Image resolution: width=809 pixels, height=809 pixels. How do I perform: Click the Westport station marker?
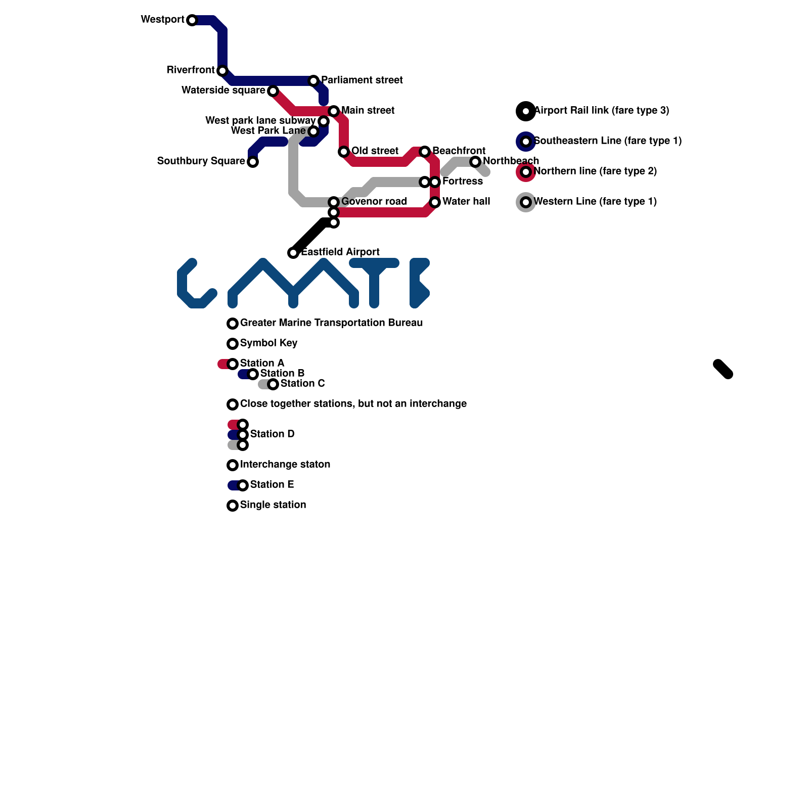[x=192, y=20]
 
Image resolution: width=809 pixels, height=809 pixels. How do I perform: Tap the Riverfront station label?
[x=191, y=70]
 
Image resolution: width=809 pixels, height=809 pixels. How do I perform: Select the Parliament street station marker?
[x=313, y=81]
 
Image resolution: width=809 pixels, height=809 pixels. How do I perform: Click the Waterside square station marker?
[x=273, y=91]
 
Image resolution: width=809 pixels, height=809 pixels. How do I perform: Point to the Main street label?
[x=368, y=111]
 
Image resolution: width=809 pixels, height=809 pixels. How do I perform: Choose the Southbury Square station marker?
[x=253, y=162]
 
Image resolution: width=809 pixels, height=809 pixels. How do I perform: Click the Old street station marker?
[x=344, y=152]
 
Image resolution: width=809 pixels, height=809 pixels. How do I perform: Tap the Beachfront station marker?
[x=425, y=152]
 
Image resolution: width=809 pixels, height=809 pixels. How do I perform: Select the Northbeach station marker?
[x=475, y=162]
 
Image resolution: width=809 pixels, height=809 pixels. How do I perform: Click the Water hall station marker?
[x=435, y=202]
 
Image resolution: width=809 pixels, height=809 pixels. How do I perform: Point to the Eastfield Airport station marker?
[x=293, y=253]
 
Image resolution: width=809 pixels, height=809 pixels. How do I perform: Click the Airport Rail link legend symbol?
[x=526, y=111]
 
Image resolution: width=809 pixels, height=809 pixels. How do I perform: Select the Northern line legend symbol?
[x=526, y=172]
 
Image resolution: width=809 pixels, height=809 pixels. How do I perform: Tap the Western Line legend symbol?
[x=526, y=202]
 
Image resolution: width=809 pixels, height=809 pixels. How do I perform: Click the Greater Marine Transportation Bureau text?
[x=331, y=323]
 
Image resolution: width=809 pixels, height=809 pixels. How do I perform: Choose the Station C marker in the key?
[x=273, y=384]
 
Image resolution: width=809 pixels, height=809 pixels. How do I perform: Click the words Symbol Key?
[x=268, y=343]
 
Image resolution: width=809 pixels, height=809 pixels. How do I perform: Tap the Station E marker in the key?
[x=243, y=485]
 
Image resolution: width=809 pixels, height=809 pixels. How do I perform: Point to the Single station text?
[x=273, y=505]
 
